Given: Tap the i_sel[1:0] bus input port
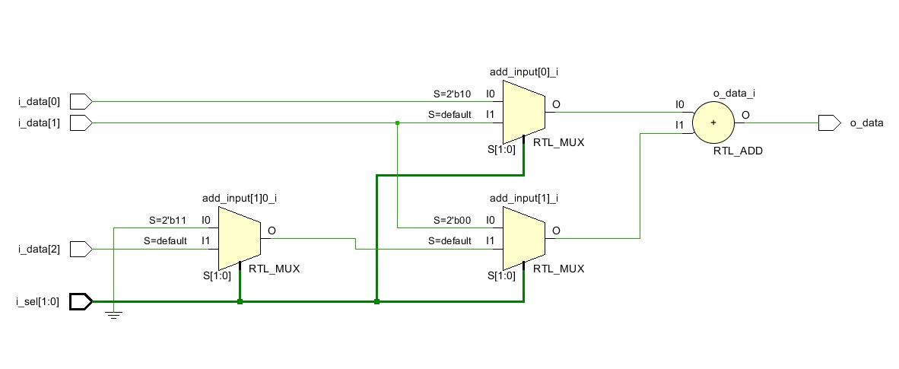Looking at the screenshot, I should click(x=81, y=302).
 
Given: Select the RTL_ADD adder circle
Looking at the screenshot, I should click(x=713, y=122).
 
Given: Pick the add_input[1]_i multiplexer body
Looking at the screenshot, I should click(x=523, y=237).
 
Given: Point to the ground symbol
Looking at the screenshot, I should click(x=113, y=314).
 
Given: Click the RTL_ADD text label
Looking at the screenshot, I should click(x=737, y=151).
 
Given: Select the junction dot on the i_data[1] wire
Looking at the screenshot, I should click(x=397, y=122).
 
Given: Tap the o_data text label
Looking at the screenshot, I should click(x=867, y=122).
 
